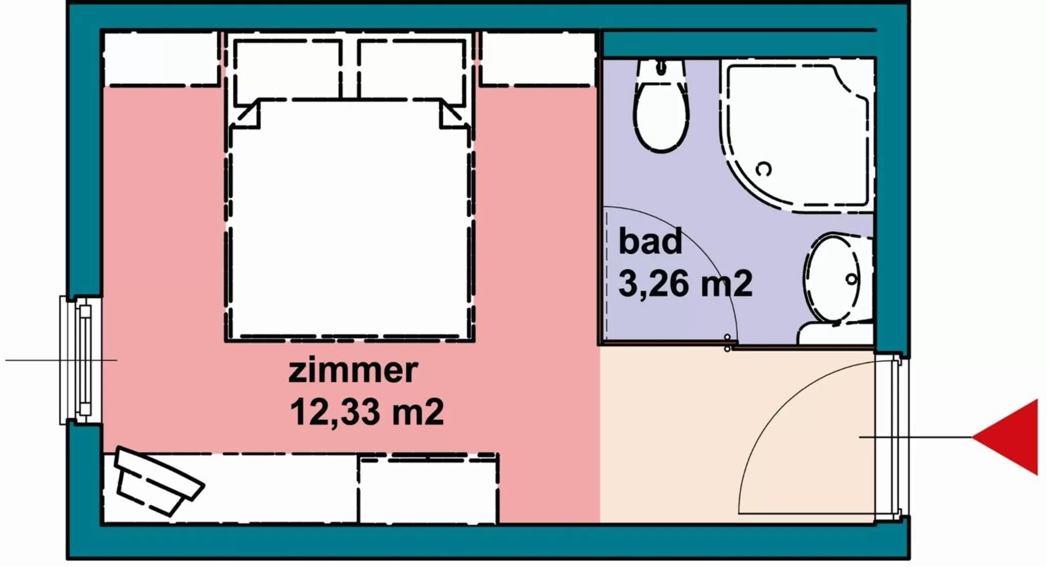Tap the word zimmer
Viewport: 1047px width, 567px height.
pos(353,370)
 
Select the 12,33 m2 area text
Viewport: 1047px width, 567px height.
pos(367,412)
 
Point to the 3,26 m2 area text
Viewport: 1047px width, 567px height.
pos(685,283)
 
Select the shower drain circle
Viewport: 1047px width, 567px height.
pos(764,169)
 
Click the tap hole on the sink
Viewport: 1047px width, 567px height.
pos(851,279)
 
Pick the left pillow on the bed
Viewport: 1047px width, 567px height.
pos(287,69)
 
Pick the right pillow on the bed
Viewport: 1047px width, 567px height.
pos(412,69)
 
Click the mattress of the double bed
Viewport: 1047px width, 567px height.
pos(350,220)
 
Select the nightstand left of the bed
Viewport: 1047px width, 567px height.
pos(161,57)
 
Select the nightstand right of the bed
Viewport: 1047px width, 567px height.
pos(538,57)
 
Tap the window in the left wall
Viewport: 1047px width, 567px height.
pos(82,360)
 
